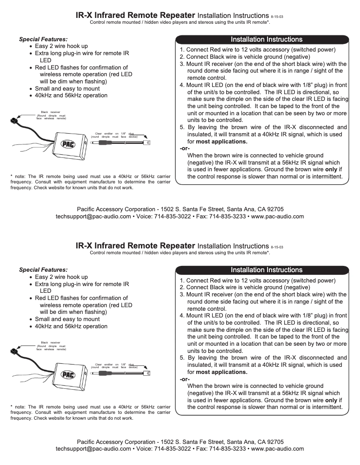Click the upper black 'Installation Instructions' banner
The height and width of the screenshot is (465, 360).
click(x=266, y=39)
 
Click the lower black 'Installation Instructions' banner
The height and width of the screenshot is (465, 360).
click(x=266, y=270)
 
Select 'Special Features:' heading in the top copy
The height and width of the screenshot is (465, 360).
click(x=43, y=39)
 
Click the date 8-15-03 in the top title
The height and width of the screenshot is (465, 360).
click(x=277, y=17)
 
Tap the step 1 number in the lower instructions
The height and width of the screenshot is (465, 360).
click(x=182, y=281)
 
